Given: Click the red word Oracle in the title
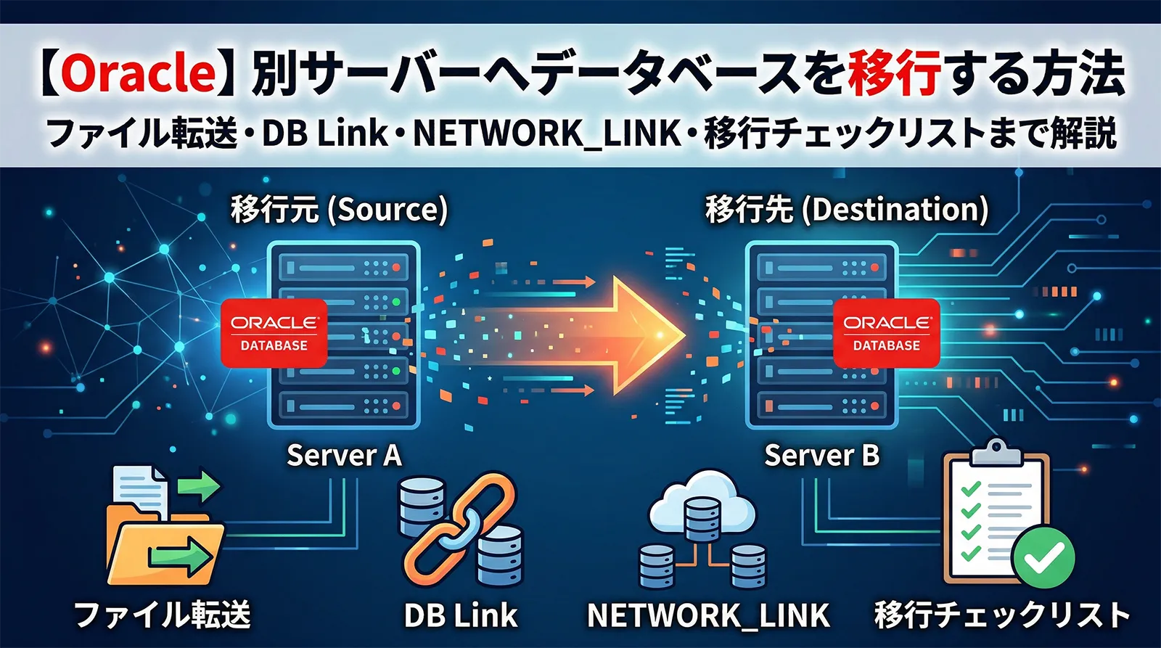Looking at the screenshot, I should pyautogui.click(x=139, y=73).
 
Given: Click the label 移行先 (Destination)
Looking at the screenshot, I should pyautogui.click(x=847, y=210).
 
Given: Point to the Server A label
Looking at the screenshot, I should pyautogui.click(x=344, y=456).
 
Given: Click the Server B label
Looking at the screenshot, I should pyautogui.click(x=821, y=456).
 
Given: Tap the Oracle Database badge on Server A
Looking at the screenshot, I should pyautogui.click(x=274, y=333).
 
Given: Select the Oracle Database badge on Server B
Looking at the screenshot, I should pyautogui.click(x=886, y=333).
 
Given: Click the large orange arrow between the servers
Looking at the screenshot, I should pyautogui.click(x=631, y=335).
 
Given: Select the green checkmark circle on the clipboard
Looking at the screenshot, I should pyautogui.click(x=1043, y=557).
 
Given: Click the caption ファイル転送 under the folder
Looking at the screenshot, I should pyautogui.click(x=163, y=615).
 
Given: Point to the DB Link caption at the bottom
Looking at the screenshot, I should pyautogui.click(x=461, y=615).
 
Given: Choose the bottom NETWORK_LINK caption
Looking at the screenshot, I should pyautogui.click(x=708, y=615).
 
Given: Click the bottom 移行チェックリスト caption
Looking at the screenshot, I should pyautogui.click(x=1002, y=615).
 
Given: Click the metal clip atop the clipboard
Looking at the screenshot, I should pyautogui.click(x=996, y=451).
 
